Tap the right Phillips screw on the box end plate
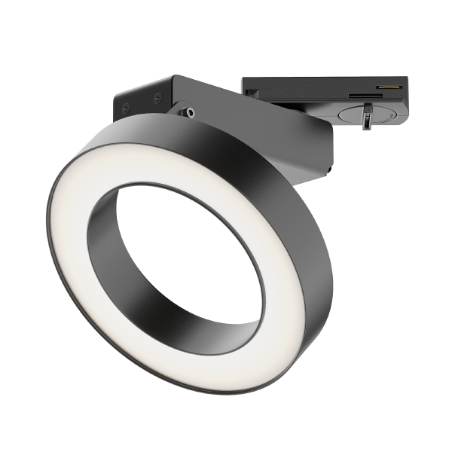click(x=157, y=96)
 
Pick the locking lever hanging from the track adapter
click(x=367, y=119)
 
